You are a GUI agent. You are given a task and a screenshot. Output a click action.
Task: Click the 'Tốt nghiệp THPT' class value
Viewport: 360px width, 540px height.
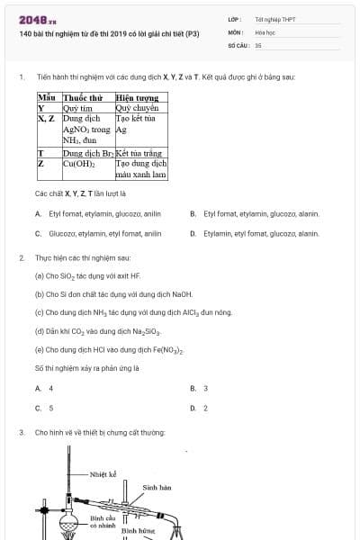[275, 19]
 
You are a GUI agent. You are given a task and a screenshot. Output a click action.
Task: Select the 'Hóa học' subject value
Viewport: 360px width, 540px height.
[264, 31]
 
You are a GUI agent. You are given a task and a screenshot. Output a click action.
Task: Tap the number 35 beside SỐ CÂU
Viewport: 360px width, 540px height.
[258, 44]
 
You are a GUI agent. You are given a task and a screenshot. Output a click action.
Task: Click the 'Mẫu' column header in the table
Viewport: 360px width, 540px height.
[48, 97]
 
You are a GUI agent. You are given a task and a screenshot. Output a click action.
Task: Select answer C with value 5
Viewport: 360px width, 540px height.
[44, 407]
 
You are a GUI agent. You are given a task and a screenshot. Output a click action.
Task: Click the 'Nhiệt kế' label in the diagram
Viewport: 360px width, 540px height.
[103, 472]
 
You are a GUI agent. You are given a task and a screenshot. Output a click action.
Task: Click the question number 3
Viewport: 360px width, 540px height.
[21, 433]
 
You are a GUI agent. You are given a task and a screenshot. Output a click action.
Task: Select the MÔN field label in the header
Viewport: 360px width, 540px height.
[233, 31]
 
